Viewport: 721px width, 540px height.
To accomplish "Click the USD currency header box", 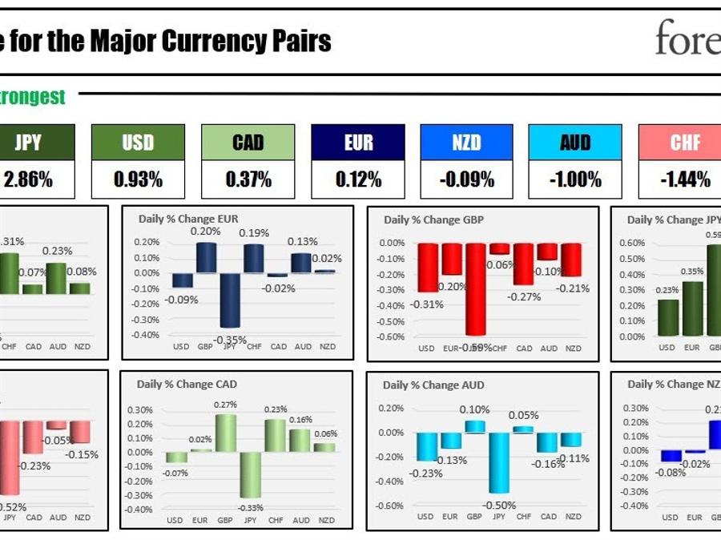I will pyautogui.click(x=138, y=143).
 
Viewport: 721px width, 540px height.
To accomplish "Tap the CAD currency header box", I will pyautogui.click(x=248, y=143).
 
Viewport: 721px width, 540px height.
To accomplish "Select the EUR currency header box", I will pyautogui.click(x=358, y=143).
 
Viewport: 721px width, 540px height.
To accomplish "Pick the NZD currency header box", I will pyautogui.click(x=466, y=143).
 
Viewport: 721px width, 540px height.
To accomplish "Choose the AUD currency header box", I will pyautogui.click(x=575, y=143).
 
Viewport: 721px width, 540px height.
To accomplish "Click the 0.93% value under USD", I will pyautogui.click(x=138, y=179).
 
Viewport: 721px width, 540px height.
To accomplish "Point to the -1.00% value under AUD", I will pyautogui.click(x=575, y=179).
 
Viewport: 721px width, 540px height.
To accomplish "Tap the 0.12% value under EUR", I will pyautogui.click(x=358, y=179).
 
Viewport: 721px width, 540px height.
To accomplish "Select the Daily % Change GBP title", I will pyautogui.click(x=433, y=220).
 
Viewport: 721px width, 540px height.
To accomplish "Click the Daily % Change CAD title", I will pyautogui.click(x=187, y=384).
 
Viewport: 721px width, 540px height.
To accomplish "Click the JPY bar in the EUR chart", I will pyautogui.click(x=231, y=300).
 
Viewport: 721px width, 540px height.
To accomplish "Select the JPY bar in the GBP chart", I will pyautogui.click(x=476, y=288).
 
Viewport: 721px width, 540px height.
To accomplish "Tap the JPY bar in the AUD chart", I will pyautogui.click(x=499, y=462).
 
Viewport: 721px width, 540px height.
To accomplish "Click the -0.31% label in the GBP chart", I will pyautogui.click(x=426, y=304).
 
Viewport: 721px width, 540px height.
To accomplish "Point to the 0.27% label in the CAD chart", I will pyautogui.click(x=226, y=405).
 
